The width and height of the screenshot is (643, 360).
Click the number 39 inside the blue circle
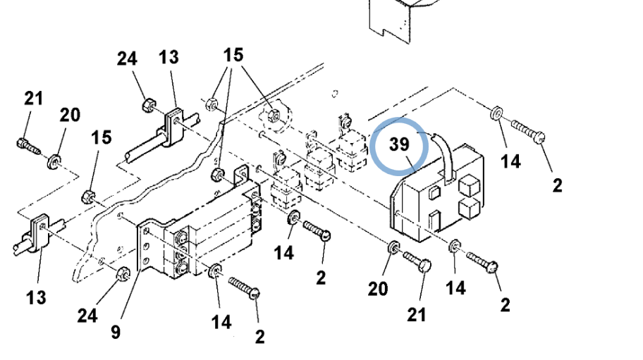pyautogui.click(x=399, y=144)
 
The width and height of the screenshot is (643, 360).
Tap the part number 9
pyautogui.click(x=116, y=331)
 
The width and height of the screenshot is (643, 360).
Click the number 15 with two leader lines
pyautogui.click(x=234, y=56)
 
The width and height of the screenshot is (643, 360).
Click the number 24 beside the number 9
pyautogui.click(x=87, y=315)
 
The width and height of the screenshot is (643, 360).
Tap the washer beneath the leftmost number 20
pyautogui.click(x=54, y=163)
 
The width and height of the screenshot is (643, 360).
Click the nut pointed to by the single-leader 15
pyautogui.click(x=90, y=194)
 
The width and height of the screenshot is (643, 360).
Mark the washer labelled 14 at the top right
pyautogui.click(x=496, y=113)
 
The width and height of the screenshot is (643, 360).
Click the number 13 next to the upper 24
pyautogui.click(x=169, y=58)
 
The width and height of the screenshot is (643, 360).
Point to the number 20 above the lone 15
pyautogui.click(x=70, y=114)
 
